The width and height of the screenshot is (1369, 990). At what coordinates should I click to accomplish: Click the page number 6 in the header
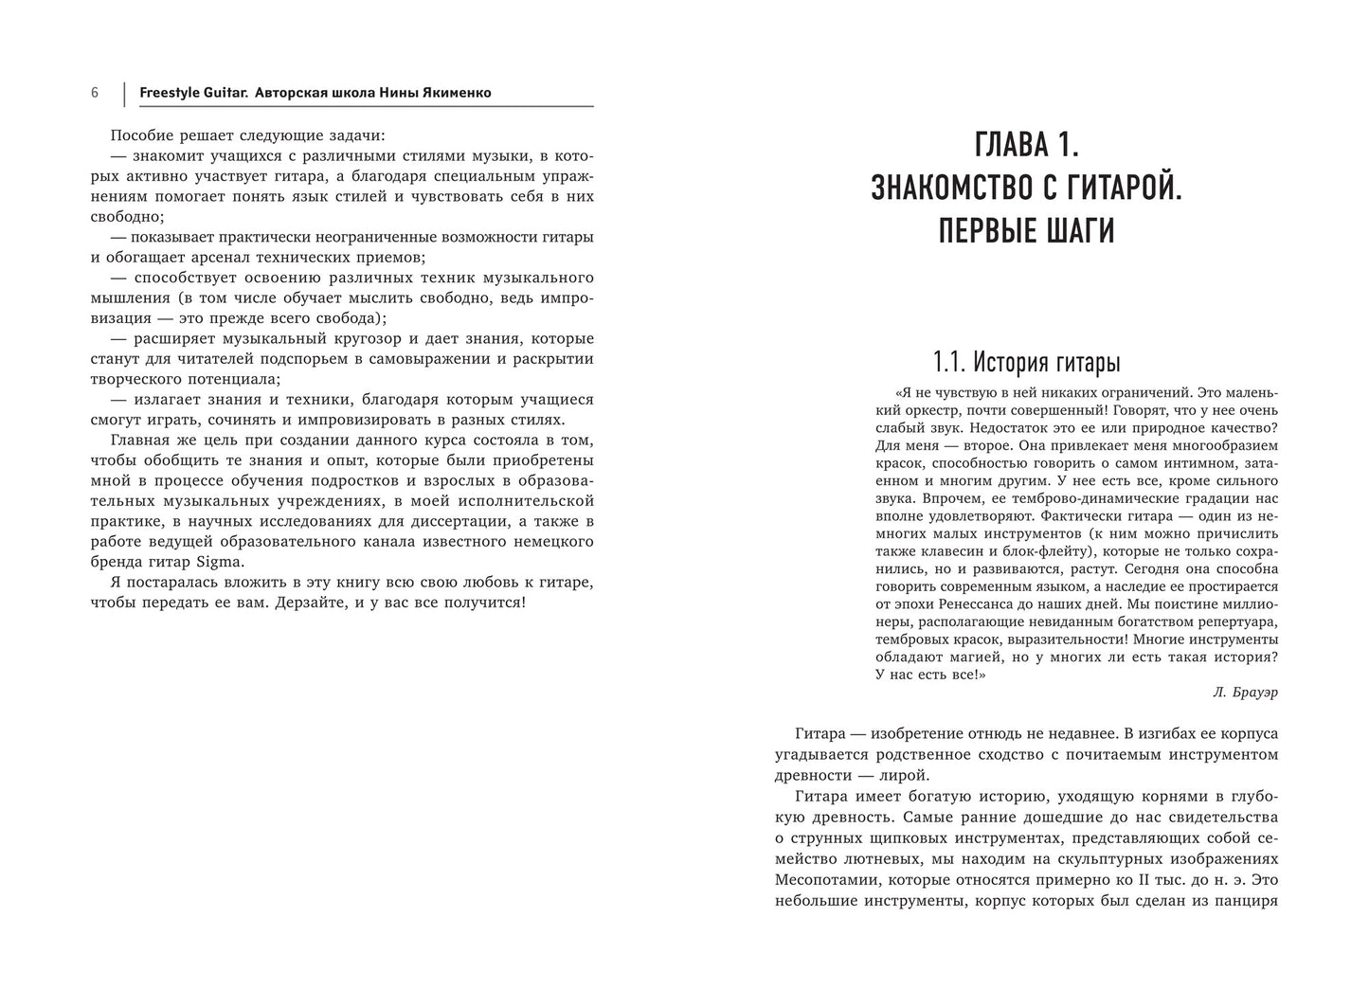coord(95,93)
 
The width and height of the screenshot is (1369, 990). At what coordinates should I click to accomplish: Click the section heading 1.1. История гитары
coord(1026,362)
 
